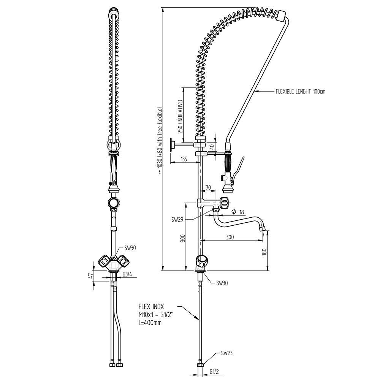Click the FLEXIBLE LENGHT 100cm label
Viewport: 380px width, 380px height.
[x=301, y=91]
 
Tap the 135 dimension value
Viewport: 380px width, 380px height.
[x=184, y=159]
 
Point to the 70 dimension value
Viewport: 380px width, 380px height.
[x=208, y=187]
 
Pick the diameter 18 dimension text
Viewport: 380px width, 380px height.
[x=237, y=211]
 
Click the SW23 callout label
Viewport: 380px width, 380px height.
[x=226, y=353]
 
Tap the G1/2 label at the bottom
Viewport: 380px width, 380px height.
[x=214, y=372]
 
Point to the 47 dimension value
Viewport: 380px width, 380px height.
[x=90, y=276]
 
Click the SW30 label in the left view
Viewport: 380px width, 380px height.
[x=130, y=248]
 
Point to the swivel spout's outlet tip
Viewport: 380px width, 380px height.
[x=262, y=229]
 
